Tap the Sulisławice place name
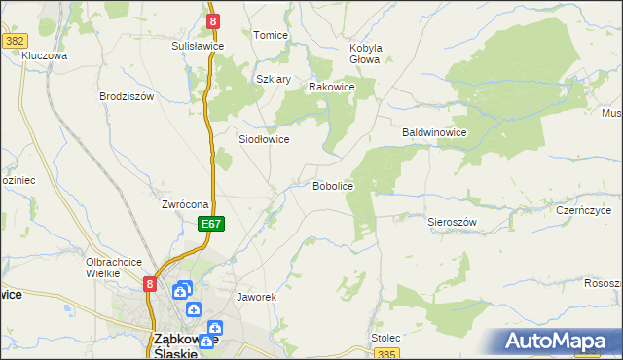coord(199,46)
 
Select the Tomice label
coord(271,35)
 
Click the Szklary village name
coord(274,80)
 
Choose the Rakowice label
coord(331,87)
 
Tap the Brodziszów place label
coord(127,96)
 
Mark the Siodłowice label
coord(264,139)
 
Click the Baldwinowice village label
coord(436,132)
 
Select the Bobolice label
coord(332,185)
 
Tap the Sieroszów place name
coord(452,222)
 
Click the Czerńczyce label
coord(583,210)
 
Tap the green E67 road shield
coord(213,225)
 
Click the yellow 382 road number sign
coord(14,41)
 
